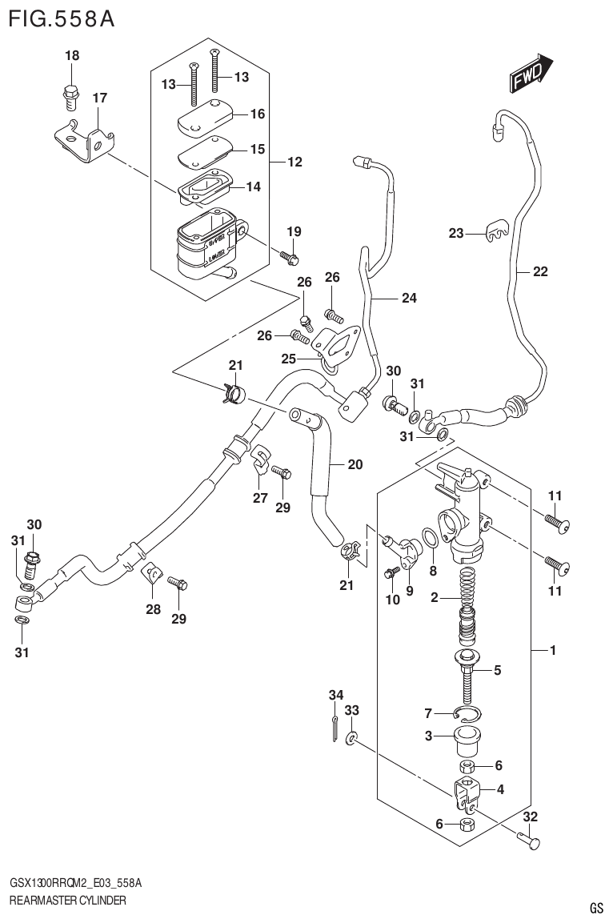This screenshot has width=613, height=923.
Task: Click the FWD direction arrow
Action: tap(529, 73)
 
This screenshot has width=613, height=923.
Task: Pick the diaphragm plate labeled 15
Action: tap(202, 150)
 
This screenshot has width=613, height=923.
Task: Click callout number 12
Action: tap(294, 163)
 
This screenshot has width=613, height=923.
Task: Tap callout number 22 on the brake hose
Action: tap(540, 272)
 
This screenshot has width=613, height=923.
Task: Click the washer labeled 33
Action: tap(353, 737)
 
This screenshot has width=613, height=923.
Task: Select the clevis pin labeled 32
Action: tap(528, 841)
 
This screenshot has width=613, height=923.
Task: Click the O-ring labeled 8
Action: tap(429, 539)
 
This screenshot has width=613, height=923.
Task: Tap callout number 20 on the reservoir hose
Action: tap(355, 464)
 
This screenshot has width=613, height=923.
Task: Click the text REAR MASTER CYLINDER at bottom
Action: tap(67, 901)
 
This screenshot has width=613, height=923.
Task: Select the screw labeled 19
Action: tap(291, 257)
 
